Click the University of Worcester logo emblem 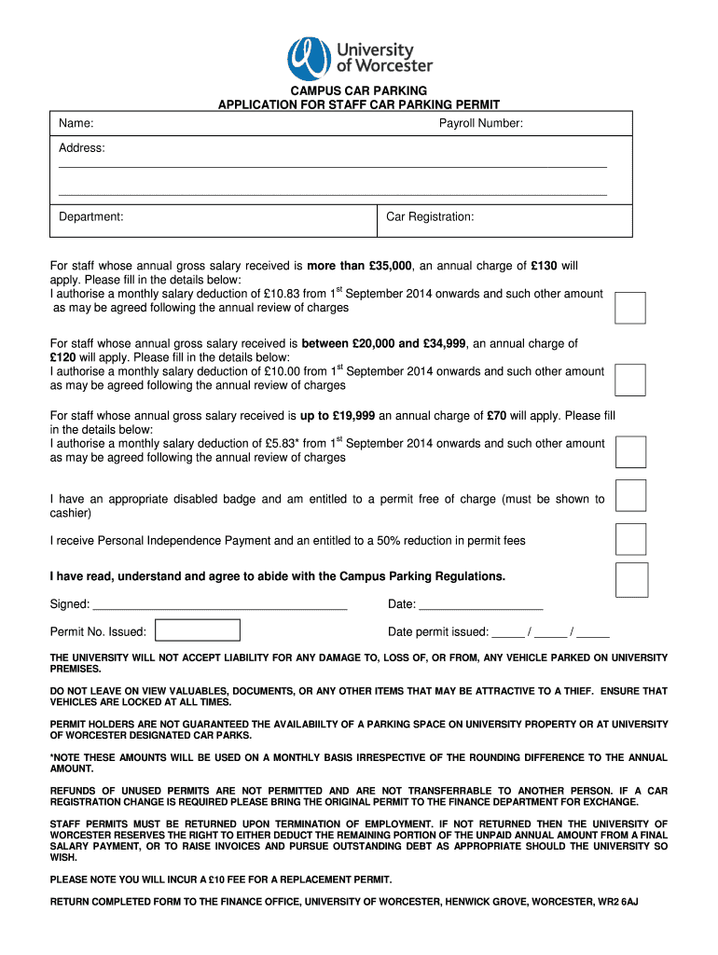(x=305, y=57)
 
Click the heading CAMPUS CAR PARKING (x=358, y=91)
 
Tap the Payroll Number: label (x=480, y=124)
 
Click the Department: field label (x=91, y=217)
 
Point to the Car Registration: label (x=430, y=217)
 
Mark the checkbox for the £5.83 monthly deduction (x=631, y=451)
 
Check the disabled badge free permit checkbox (x=631, y=496)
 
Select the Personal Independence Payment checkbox (x=631, y=539)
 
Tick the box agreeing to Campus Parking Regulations (x=631, y=579)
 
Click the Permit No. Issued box (x=198, y=630)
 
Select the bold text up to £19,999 (x=338, y=416)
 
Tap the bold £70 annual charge (x=496, y=416)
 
